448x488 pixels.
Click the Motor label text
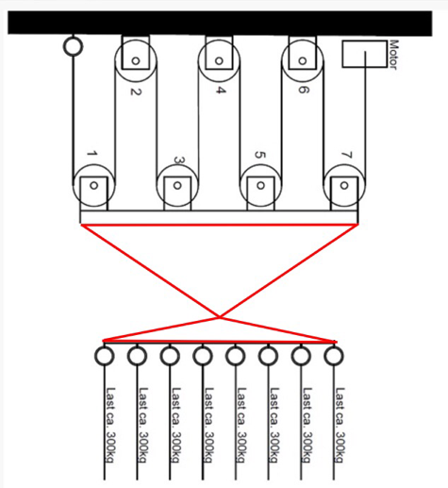click(393, 54)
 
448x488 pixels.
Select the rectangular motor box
click(364, 54)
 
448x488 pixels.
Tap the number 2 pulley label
click(136, 92)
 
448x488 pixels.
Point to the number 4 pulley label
click(221, 91)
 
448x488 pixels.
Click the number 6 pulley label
click(304, 90)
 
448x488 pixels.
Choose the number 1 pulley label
click(92, 154)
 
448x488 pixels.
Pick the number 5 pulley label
click(260, 155)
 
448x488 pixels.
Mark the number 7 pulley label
click(347, 155)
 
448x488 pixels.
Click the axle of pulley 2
click(136, 60)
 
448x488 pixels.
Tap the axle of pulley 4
click(219, 60)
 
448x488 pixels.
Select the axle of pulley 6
click(303, 60)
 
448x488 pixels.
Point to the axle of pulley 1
click(93, 185)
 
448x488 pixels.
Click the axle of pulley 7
click(344, 185)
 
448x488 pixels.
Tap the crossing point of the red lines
click(220, 317)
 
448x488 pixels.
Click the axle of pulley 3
click(177, 185)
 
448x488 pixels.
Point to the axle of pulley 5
click(260, 185)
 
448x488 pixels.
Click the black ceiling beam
click(220, 23)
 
